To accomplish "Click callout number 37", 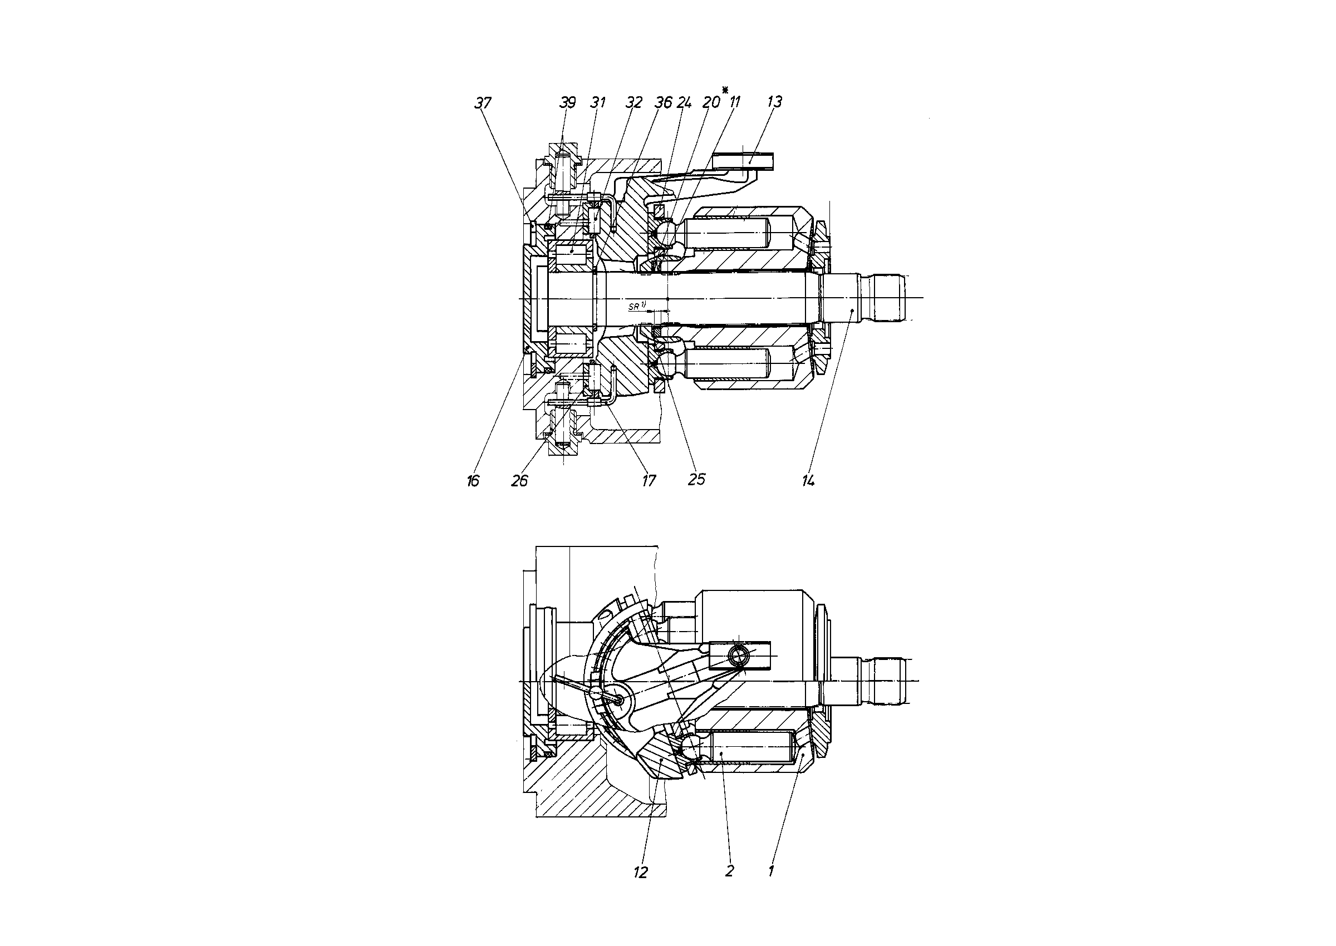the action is point(483,103).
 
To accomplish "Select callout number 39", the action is point(567,102).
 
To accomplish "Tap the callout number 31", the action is point(598,102).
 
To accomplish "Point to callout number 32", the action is point(633,102).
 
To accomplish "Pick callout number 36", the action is point(664,102).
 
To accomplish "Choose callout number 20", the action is point(711,102).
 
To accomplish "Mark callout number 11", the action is point(734,102).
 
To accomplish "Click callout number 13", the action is point(774,102).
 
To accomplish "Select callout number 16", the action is point(473,481).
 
